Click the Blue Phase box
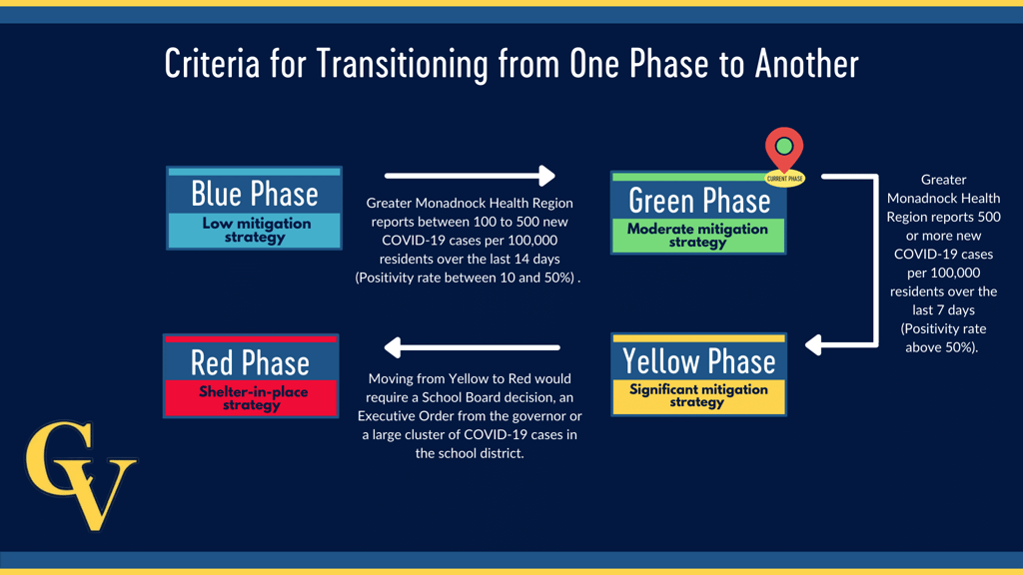255,208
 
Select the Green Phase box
698,213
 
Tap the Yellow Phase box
698,374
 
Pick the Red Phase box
251,375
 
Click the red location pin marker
784,150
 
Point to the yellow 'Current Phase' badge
785,178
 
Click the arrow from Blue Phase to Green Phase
470,176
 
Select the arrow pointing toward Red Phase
472,347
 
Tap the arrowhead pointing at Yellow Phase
813,344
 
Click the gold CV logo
81,475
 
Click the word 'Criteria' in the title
212,64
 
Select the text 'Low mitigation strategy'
256,231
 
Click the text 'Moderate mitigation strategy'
697,236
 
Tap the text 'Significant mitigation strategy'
698,395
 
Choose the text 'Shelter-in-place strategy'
253,398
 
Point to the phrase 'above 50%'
940,347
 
